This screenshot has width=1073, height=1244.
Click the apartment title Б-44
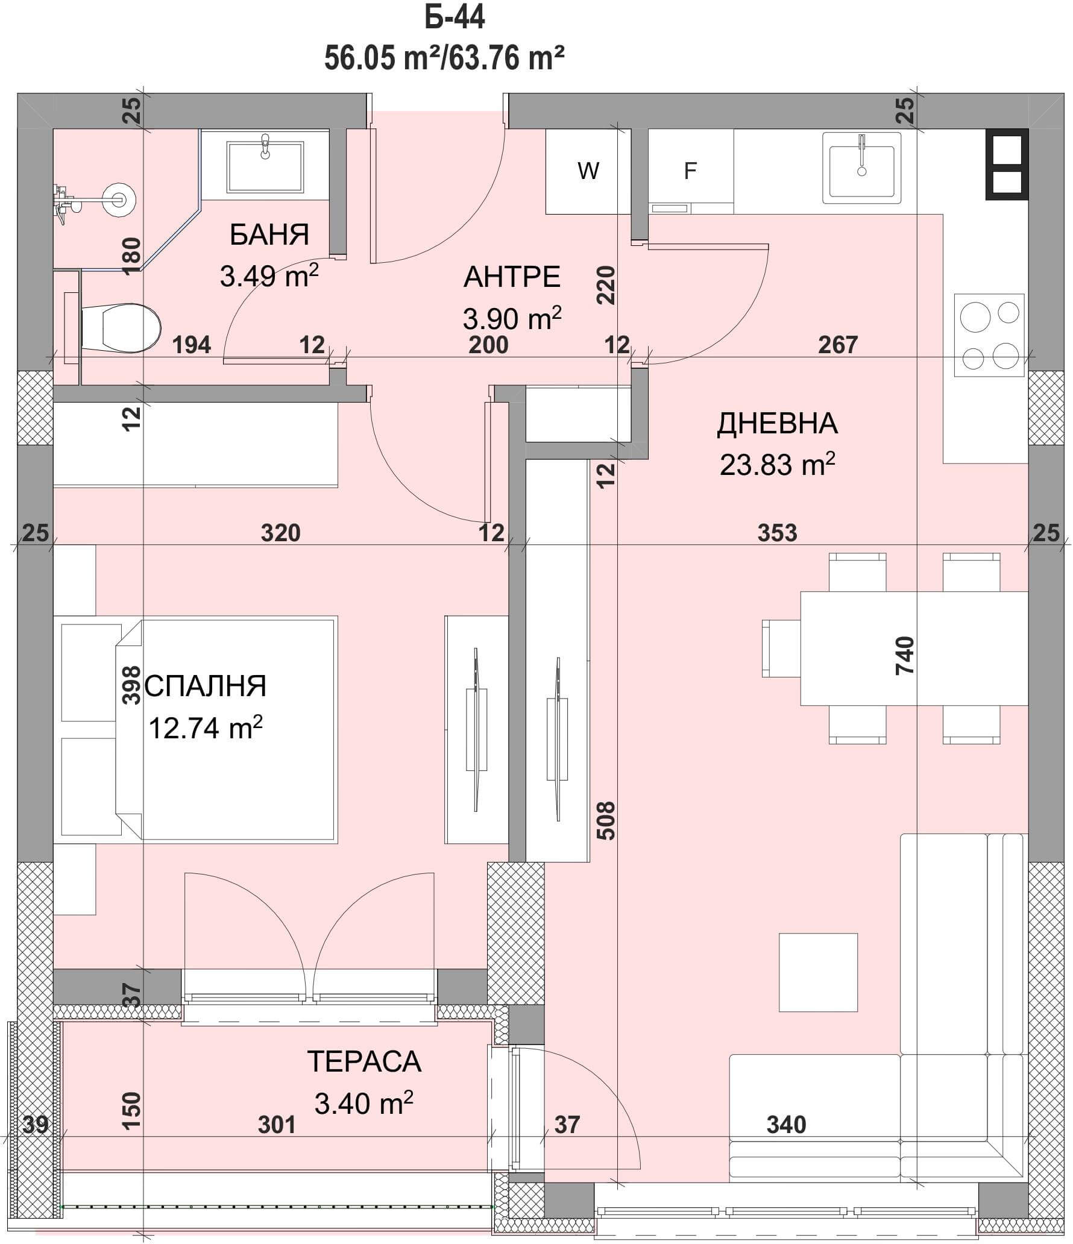[x=455, y=18]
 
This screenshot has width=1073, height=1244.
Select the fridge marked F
[x=691, y=171]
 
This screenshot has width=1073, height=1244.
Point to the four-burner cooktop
[x=989, y=335]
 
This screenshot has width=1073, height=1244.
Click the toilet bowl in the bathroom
[x=121, y=328]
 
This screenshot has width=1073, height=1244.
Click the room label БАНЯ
[x=269, y=235]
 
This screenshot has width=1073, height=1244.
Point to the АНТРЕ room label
[x=512, y=277]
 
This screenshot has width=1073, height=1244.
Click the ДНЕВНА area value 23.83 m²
[x=778, y=465]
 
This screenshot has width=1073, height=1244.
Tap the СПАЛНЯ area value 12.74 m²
[x=206, y=727]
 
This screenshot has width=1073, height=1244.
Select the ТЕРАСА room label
[x=364, y=1061]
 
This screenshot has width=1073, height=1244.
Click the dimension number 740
[x=905, y=655]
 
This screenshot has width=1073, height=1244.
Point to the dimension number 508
[x=606, y=820]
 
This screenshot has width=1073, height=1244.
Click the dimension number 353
[x=777, y=533]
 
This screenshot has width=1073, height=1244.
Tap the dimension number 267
[x=838, y=344]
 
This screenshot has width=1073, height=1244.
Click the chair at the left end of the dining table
[x=781, y=649]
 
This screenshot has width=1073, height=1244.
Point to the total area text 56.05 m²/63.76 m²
[x=445, y=59]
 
